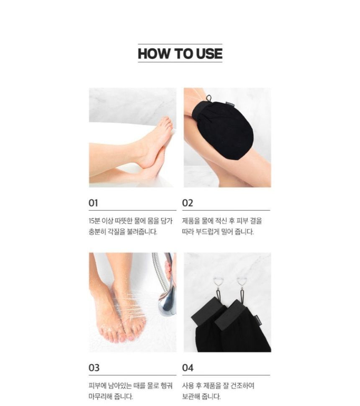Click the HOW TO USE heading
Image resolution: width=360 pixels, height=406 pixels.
tap(180, 54)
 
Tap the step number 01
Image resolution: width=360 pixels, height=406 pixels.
tap(93, 203)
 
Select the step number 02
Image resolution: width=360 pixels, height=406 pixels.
tap(188, 203)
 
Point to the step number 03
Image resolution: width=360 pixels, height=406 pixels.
tap(94, 368)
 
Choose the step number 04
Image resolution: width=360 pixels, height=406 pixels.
tap(188, 368)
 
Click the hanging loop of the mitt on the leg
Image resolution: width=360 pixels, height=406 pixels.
tap(208, 98)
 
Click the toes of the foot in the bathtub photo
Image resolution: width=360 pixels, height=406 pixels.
tap(167, 123)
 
